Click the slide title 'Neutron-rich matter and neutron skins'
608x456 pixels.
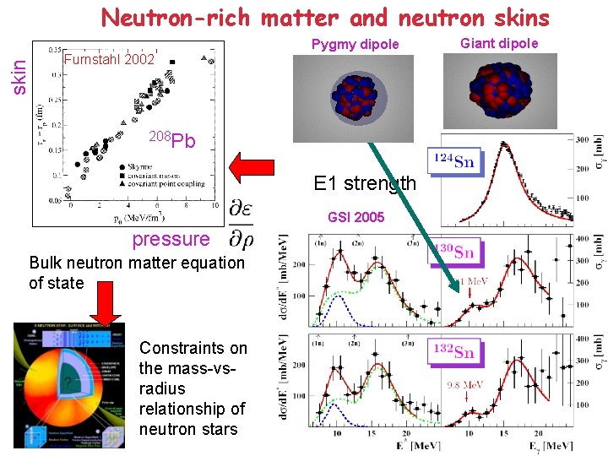325,17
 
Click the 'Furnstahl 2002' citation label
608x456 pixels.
109,60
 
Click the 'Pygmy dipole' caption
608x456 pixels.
355,45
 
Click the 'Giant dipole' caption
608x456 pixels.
498,43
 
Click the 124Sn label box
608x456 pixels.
453,160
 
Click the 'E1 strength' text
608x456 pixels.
365,182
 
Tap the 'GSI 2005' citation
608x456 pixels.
356,217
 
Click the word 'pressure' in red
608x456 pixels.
170,239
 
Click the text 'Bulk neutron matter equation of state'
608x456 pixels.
136,272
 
